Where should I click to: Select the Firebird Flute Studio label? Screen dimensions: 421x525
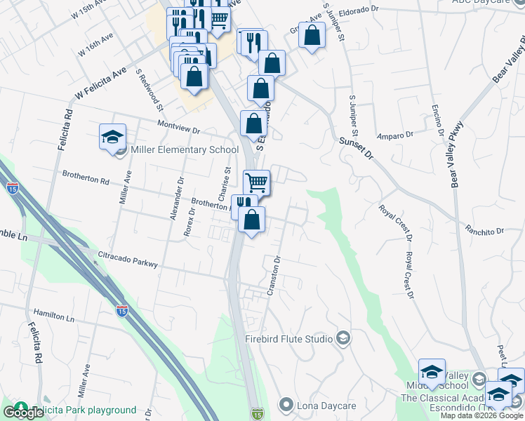tap(288, 339)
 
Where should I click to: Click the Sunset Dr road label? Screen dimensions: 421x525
tap(356, 148)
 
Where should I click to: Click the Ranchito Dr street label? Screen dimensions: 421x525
tap(485, 230)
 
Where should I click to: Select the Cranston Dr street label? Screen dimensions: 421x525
tap(274, 275)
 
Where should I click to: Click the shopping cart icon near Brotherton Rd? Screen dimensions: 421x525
tap(257, 182)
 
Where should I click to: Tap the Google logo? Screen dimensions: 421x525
tap(24, 413)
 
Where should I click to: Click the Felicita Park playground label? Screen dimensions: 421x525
tap(84, 410)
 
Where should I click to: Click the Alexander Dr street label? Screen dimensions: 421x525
tap(176, 199)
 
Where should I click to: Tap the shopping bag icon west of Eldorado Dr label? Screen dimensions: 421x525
tap(311, 34)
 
